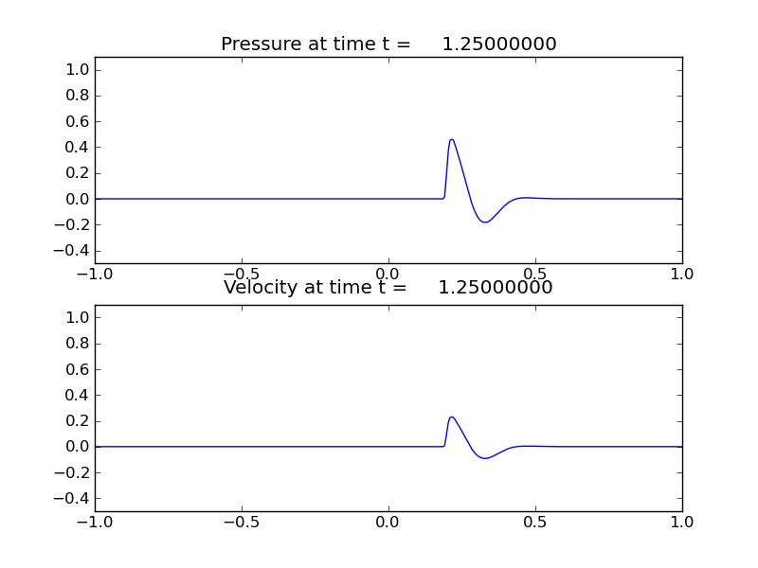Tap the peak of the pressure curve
click(x=452, y=140)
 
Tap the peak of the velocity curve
click(x=452, y=417)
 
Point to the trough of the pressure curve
click(x=485, y=222)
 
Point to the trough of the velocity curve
click(x=485, y=458)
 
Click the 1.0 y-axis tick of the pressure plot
click(x=79, y=70)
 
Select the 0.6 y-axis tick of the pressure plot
click(x=79, y=121)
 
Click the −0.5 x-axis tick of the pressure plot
click(x=242, y=274)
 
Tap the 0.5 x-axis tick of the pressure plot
click(x=535, y=274)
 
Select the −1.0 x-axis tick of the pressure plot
click(x=95, y=274)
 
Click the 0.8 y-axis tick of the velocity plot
click(x=79, y=344)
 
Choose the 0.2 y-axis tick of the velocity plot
click(x=79, y=421)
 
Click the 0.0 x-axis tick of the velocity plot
click(x=388, y=522)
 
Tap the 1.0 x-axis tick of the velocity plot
click(x=682, y=522)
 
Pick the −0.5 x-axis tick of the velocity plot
click(x=242, y=522)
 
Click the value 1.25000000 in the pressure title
click(x=499, y=44)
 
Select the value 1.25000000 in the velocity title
click(x=496, y=288)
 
